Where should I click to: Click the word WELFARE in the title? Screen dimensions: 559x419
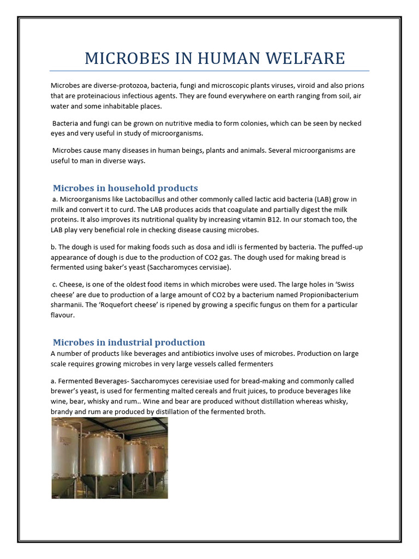click(308, 58)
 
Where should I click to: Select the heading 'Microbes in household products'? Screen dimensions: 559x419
click(125, 188)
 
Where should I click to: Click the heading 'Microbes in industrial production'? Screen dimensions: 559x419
click(129, 342)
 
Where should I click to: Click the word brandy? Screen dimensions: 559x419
click(63, 412)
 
